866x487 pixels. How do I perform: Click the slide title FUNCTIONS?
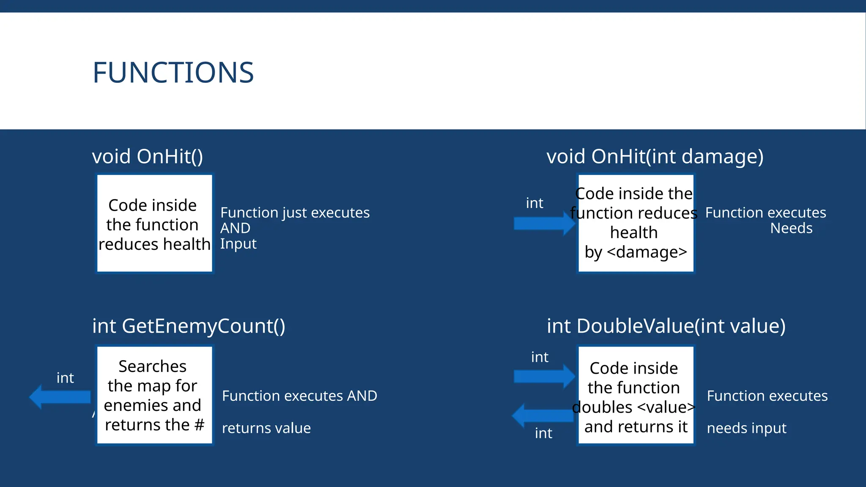tap(173, 73)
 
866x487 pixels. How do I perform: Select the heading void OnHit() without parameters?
tap(148, 156)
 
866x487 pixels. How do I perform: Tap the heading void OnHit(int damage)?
tap(655, 156)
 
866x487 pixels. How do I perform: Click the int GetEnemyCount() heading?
tap(189, 326)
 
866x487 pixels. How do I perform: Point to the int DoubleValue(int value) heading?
tap(666, 326)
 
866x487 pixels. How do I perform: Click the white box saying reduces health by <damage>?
tap(636, 223)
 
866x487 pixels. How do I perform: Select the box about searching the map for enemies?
tap(154, 395)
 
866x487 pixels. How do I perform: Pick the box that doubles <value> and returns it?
tap(636, 395)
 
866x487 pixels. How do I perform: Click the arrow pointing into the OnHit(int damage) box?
tap(544, 223)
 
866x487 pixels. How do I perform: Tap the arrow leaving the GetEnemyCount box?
tap(60, 397)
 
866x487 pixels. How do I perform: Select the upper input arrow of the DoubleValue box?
tap(544, 376)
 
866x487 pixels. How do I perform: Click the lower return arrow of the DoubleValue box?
tap(543, 415)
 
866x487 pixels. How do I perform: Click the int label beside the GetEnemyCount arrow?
tap(65, 378)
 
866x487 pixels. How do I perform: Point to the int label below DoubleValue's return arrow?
tap(543, 433)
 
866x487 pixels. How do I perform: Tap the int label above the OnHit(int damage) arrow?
tap(534, 203)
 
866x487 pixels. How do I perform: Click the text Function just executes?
tap(295, 213)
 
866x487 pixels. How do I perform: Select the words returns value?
tap(266, 428)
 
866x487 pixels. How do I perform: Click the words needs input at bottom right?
tap(746, 428)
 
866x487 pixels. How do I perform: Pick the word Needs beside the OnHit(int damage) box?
tap(791, 228)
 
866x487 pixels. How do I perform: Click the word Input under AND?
tap(238, 244)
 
